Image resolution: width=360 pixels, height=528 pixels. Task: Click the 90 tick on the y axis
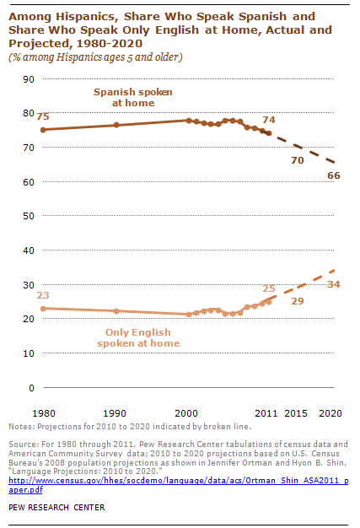(28, 78)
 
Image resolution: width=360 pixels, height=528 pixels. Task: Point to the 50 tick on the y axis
(28, 216)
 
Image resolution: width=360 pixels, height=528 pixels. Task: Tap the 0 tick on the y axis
(30, 388)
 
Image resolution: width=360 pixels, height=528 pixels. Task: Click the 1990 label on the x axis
(116, 413)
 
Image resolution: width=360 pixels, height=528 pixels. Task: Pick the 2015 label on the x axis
(295, 413)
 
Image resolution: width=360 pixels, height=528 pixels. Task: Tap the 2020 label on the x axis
(333, 413)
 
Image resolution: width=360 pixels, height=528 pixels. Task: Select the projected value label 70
(297, 160)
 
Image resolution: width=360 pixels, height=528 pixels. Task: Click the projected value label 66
(333, 175)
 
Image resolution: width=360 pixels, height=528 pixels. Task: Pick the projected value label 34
(333, 284)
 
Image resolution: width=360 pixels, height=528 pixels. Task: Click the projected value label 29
(297, 301)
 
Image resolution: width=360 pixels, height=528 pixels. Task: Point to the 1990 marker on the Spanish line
(116, 125)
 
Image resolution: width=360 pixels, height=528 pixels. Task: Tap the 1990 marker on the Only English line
(116, 311)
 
